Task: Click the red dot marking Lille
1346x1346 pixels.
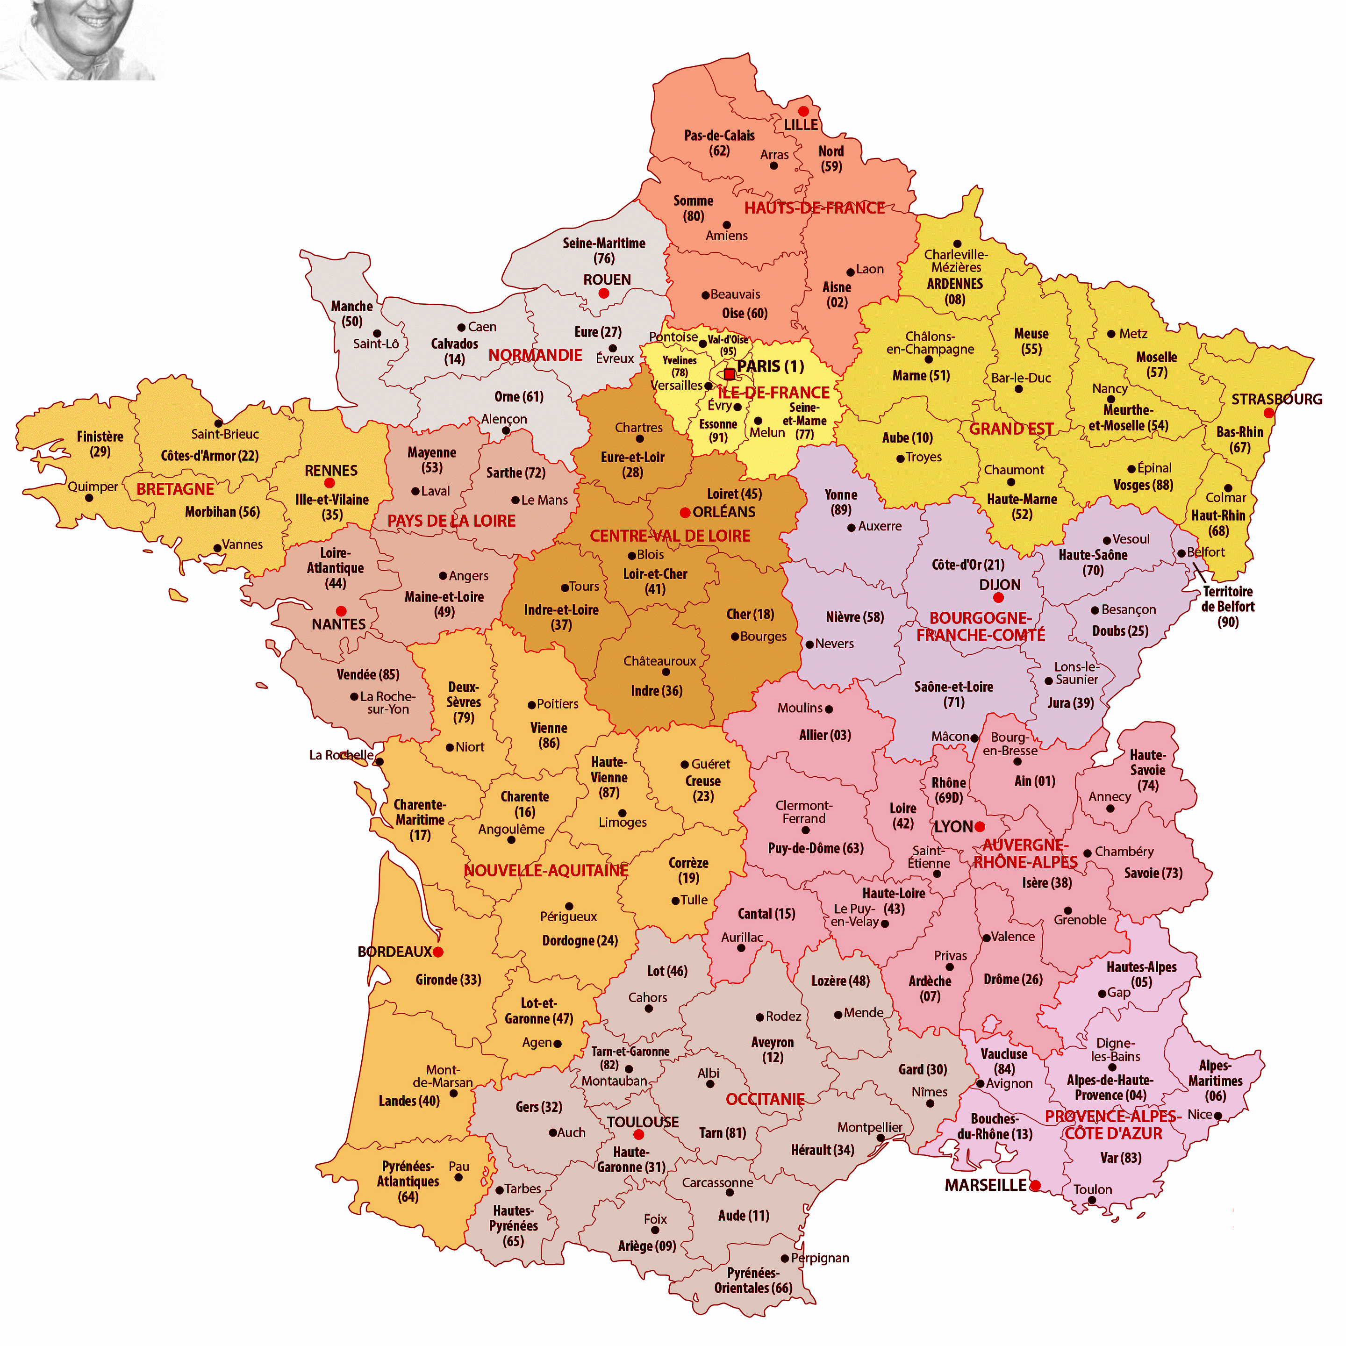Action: [x=803, y=111]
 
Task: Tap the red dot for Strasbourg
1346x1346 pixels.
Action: [x=1269, y=413]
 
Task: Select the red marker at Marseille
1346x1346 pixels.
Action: [x=1035, y=1185]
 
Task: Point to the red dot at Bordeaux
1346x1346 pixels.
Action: [x=437, y=952]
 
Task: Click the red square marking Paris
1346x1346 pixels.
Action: [x=730, y=374]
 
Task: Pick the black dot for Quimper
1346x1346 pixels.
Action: [x=89, y=497]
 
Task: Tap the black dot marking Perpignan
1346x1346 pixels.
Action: [x=785, y=1258]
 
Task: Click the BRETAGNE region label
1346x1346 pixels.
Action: [x=175, y=489]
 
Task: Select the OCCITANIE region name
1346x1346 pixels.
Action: [x=765, y=1099]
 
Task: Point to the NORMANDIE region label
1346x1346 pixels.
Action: [x=535, y=355]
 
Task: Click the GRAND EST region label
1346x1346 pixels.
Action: [x=1011, y=429]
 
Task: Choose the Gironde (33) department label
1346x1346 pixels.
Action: [x=448, y=980]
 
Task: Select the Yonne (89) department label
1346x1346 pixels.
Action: [x=841, y=501]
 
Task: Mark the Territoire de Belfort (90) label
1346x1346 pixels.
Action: [x=1228, y=606]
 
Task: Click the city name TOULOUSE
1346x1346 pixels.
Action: [x=642, y=1122]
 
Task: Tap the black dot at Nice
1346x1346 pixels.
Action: [x=1218, y=1116]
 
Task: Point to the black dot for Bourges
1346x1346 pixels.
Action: [x=734, y=636]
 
